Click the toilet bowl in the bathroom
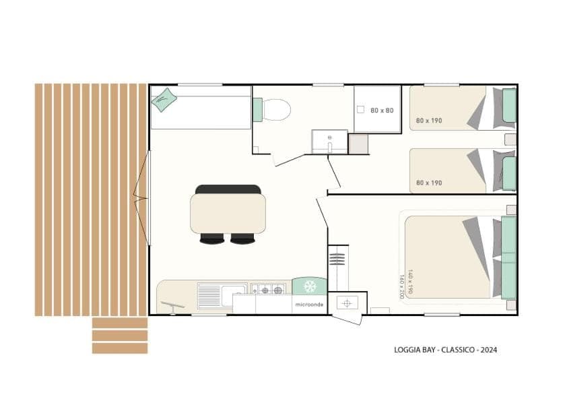[277, 110]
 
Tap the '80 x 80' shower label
[382, 111]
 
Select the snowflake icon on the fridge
[310, 286]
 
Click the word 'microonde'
[309, 305]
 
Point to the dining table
[228, 214]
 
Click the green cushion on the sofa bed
[164, 100]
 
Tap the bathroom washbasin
[329, 142]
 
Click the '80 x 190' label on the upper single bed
[429, 121]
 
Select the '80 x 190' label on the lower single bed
[429, 183]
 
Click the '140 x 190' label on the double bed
[410, 282]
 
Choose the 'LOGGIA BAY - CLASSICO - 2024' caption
[446, 350]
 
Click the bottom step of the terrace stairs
[120, 348]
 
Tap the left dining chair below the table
[212, 239]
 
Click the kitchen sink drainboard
[209, 297]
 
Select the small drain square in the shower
[360, 109]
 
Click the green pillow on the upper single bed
[509, 105]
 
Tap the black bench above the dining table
[228, 189]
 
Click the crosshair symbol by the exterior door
[347, 303]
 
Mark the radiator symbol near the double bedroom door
[337, 259]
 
